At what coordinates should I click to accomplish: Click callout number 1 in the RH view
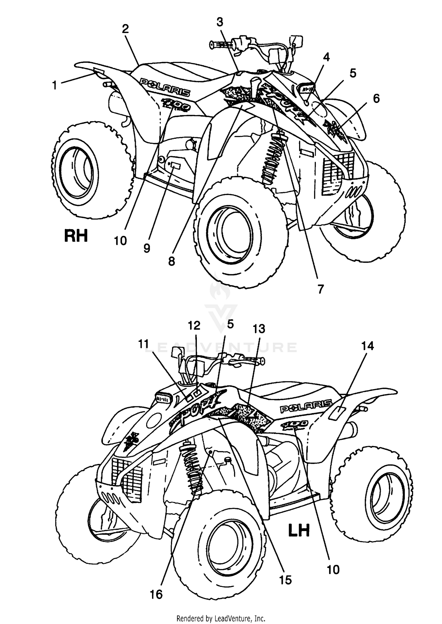(x=54, y=85)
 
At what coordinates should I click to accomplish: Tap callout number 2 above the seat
(x=125, y=29)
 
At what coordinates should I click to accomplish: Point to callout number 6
(x=376, y=99)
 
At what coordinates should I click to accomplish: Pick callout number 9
(x=147, y=248)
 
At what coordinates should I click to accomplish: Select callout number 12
(x=194, y=325)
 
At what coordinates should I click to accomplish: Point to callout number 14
(x=368, y=346)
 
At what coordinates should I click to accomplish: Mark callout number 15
(x=285, y=580)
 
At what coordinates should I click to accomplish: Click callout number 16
(x=156, y=595)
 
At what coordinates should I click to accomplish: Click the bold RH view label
(x=76, y=236)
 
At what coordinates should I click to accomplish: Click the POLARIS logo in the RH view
(x=165, y=87)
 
